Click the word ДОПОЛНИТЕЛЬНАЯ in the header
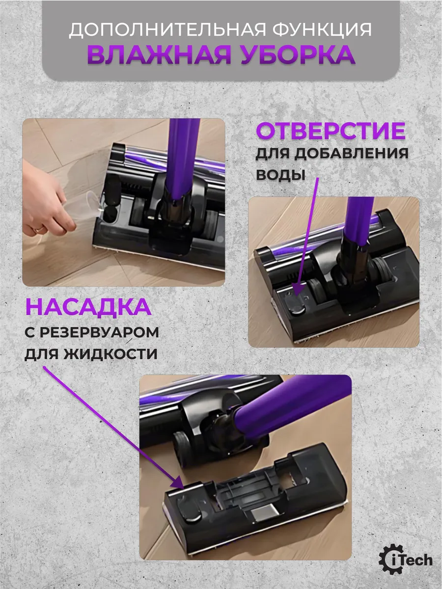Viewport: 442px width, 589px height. pos(167,29)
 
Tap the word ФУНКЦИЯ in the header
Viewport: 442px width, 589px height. pos(322,30)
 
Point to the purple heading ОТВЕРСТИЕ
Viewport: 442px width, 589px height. pos(331,131)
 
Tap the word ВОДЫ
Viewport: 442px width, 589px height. pos(280,175)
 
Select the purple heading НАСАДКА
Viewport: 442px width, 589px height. pos(88,307)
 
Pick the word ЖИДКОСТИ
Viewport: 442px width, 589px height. pos(110,354)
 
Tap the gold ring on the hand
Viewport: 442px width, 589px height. pos(39,229)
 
